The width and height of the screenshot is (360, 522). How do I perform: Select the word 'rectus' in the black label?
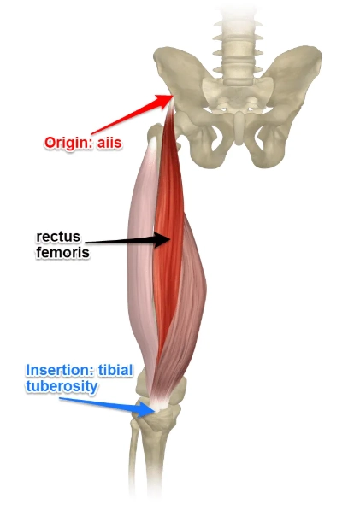tap(56, 235)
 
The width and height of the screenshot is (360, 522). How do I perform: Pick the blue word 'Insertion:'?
tap(57, 371)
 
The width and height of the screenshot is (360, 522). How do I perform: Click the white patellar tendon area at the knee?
tap(158, 402)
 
